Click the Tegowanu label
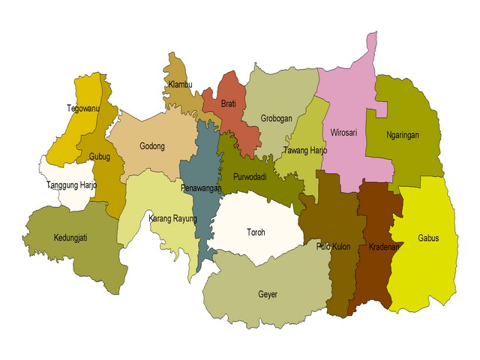(x=83, y=107)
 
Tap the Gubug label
(x=99, y=157)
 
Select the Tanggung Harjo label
(x=71, y=185)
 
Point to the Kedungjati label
(x=70, y=238)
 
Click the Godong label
(x=152, y=146)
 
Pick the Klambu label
(x=181, y=84)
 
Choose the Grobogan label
(x=276, y=118)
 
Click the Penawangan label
(x=201, y=189)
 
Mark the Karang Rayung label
(x=172, y=219)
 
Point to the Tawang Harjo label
(x=305, y=151)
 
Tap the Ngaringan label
(x=402, y=136)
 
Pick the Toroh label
(x=256, y=232)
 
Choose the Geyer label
(x=267, y=295)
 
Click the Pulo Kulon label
(x=334, y=246)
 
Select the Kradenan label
(x=383, y=247)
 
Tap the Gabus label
(x=428, y=238)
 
